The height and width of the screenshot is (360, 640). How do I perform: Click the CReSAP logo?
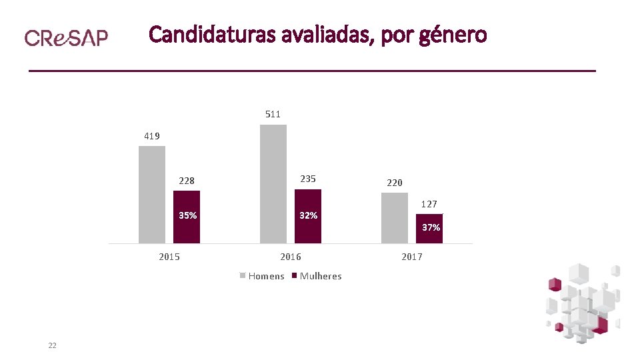coord(66,37)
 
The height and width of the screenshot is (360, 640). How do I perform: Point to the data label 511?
coord(273,114)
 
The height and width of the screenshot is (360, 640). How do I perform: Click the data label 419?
coord(152,136)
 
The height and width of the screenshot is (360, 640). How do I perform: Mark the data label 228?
coord(187,181)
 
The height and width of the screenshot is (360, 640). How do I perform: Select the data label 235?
coord(308,179)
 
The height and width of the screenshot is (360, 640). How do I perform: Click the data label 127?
coord(429,204)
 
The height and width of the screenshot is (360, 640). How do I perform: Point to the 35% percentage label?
coord(187,215)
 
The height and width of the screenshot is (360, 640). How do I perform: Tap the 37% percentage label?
coord(431,227)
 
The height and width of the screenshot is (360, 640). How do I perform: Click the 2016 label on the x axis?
coord(291,257)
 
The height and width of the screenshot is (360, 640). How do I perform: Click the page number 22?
coord(52,345)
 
